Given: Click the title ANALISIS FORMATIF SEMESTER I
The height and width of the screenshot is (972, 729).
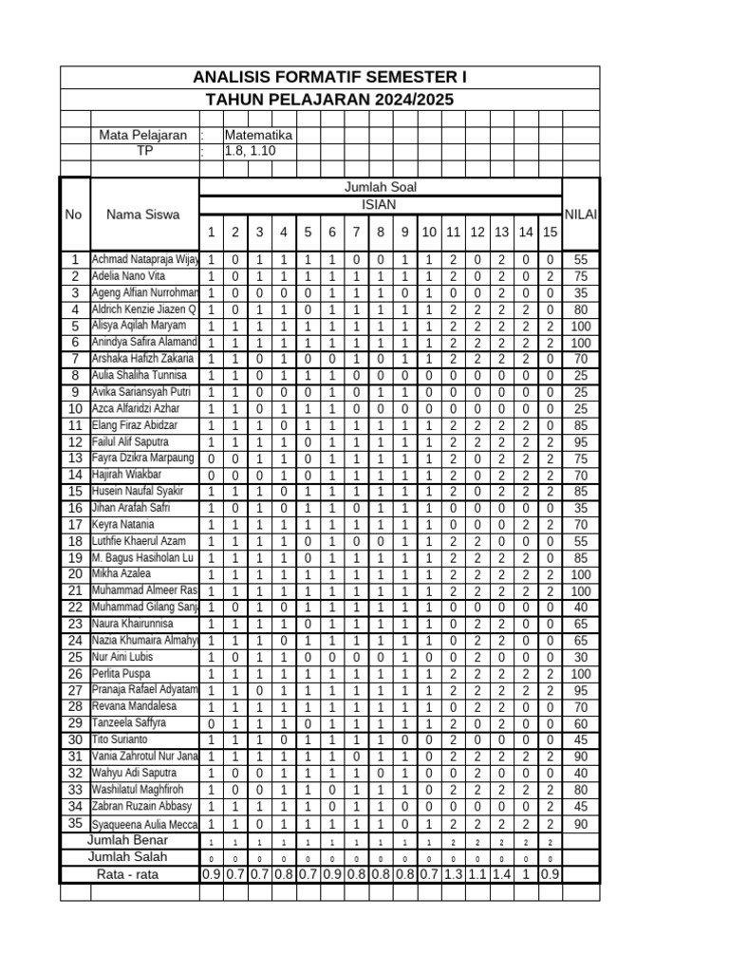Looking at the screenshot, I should pos(329,77).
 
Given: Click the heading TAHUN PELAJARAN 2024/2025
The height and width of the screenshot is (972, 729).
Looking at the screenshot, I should pos(329,100).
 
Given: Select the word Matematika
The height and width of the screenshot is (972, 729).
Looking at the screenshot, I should pos(258,136).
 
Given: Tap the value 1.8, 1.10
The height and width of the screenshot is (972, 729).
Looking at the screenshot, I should pos(250,151).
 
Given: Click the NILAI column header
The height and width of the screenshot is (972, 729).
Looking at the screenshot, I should pos(581,215).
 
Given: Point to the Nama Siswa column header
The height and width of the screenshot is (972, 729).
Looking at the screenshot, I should pos(143,215).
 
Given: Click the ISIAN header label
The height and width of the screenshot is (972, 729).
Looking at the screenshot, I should pos(380,205).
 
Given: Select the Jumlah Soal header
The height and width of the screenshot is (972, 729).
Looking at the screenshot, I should pos(380,187).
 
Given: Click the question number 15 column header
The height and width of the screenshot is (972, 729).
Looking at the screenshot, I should pos(550,233).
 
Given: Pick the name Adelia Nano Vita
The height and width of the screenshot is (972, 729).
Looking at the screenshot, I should pos(128,276).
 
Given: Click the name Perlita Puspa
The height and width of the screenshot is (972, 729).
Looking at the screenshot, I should pos(121,675).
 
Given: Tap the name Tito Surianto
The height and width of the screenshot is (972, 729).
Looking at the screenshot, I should pos(120,739).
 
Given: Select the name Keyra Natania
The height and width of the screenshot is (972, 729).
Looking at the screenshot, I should pos(122,524).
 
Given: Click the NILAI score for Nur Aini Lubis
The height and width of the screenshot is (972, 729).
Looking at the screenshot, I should pos(581,657).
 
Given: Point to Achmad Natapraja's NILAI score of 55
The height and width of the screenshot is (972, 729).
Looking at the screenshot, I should pos(581,259).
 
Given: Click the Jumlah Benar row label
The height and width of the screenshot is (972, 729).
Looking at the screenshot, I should pos(128,841).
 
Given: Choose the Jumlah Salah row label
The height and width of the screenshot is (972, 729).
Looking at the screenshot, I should pos(128,857).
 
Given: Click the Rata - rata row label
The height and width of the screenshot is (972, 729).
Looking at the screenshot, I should pos(128,874).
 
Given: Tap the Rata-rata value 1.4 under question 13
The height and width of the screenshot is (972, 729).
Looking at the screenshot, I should pos(501,874).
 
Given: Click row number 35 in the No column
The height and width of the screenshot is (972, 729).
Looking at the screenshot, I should pos(74,823).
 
